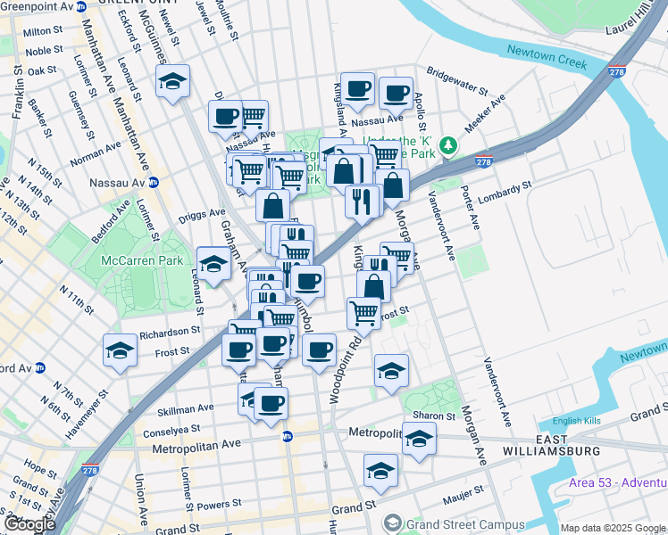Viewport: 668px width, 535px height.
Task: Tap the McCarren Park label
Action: pos(144,260)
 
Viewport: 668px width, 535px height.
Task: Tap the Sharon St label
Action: pos(434,416)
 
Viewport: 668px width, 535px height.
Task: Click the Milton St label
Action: pos(43,31)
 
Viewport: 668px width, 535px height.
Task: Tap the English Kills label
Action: pos(572,422)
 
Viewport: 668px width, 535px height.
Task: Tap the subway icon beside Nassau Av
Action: pos(153,183)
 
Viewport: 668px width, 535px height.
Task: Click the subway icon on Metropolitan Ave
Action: pos(287,436)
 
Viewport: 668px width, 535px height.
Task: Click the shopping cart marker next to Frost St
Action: pos(363,313)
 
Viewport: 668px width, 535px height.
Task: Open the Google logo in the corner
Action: pos(29,524)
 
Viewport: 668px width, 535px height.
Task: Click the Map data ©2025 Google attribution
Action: pos(613,528)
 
